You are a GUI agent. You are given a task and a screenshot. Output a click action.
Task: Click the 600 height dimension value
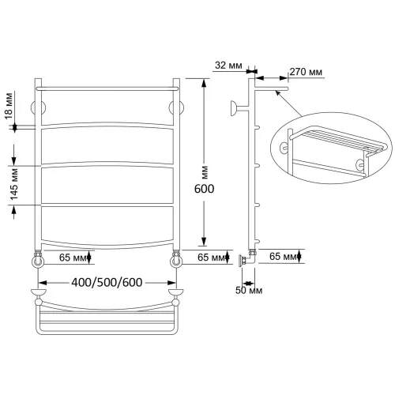(204, 189)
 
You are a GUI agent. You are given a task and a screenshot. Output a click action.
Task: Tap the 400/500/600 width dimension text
(107, 282)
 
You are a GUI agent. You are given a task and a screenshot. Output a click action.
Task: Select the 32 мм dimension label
(228, 66)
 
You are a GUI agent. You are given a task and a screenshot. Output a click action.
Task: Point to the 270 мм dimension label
(306, 72)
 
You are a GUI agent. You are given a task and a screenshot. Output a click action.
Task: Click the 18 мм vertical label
(9, 106)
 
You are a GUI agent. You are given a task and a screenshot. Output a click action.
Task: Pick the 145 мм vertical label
(13, 184)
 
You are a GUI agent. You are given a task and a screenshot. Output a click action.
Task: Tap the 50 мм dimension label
(249, 290)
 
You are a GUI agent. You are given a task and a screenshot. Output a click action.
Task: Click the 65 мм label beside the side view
(283, 256)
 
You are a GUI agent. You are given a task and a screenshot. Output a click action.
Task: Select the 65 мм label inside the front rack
(73, 258)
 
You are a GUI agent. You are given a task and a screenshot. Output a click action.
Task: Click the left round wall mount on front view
(38, 107)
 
